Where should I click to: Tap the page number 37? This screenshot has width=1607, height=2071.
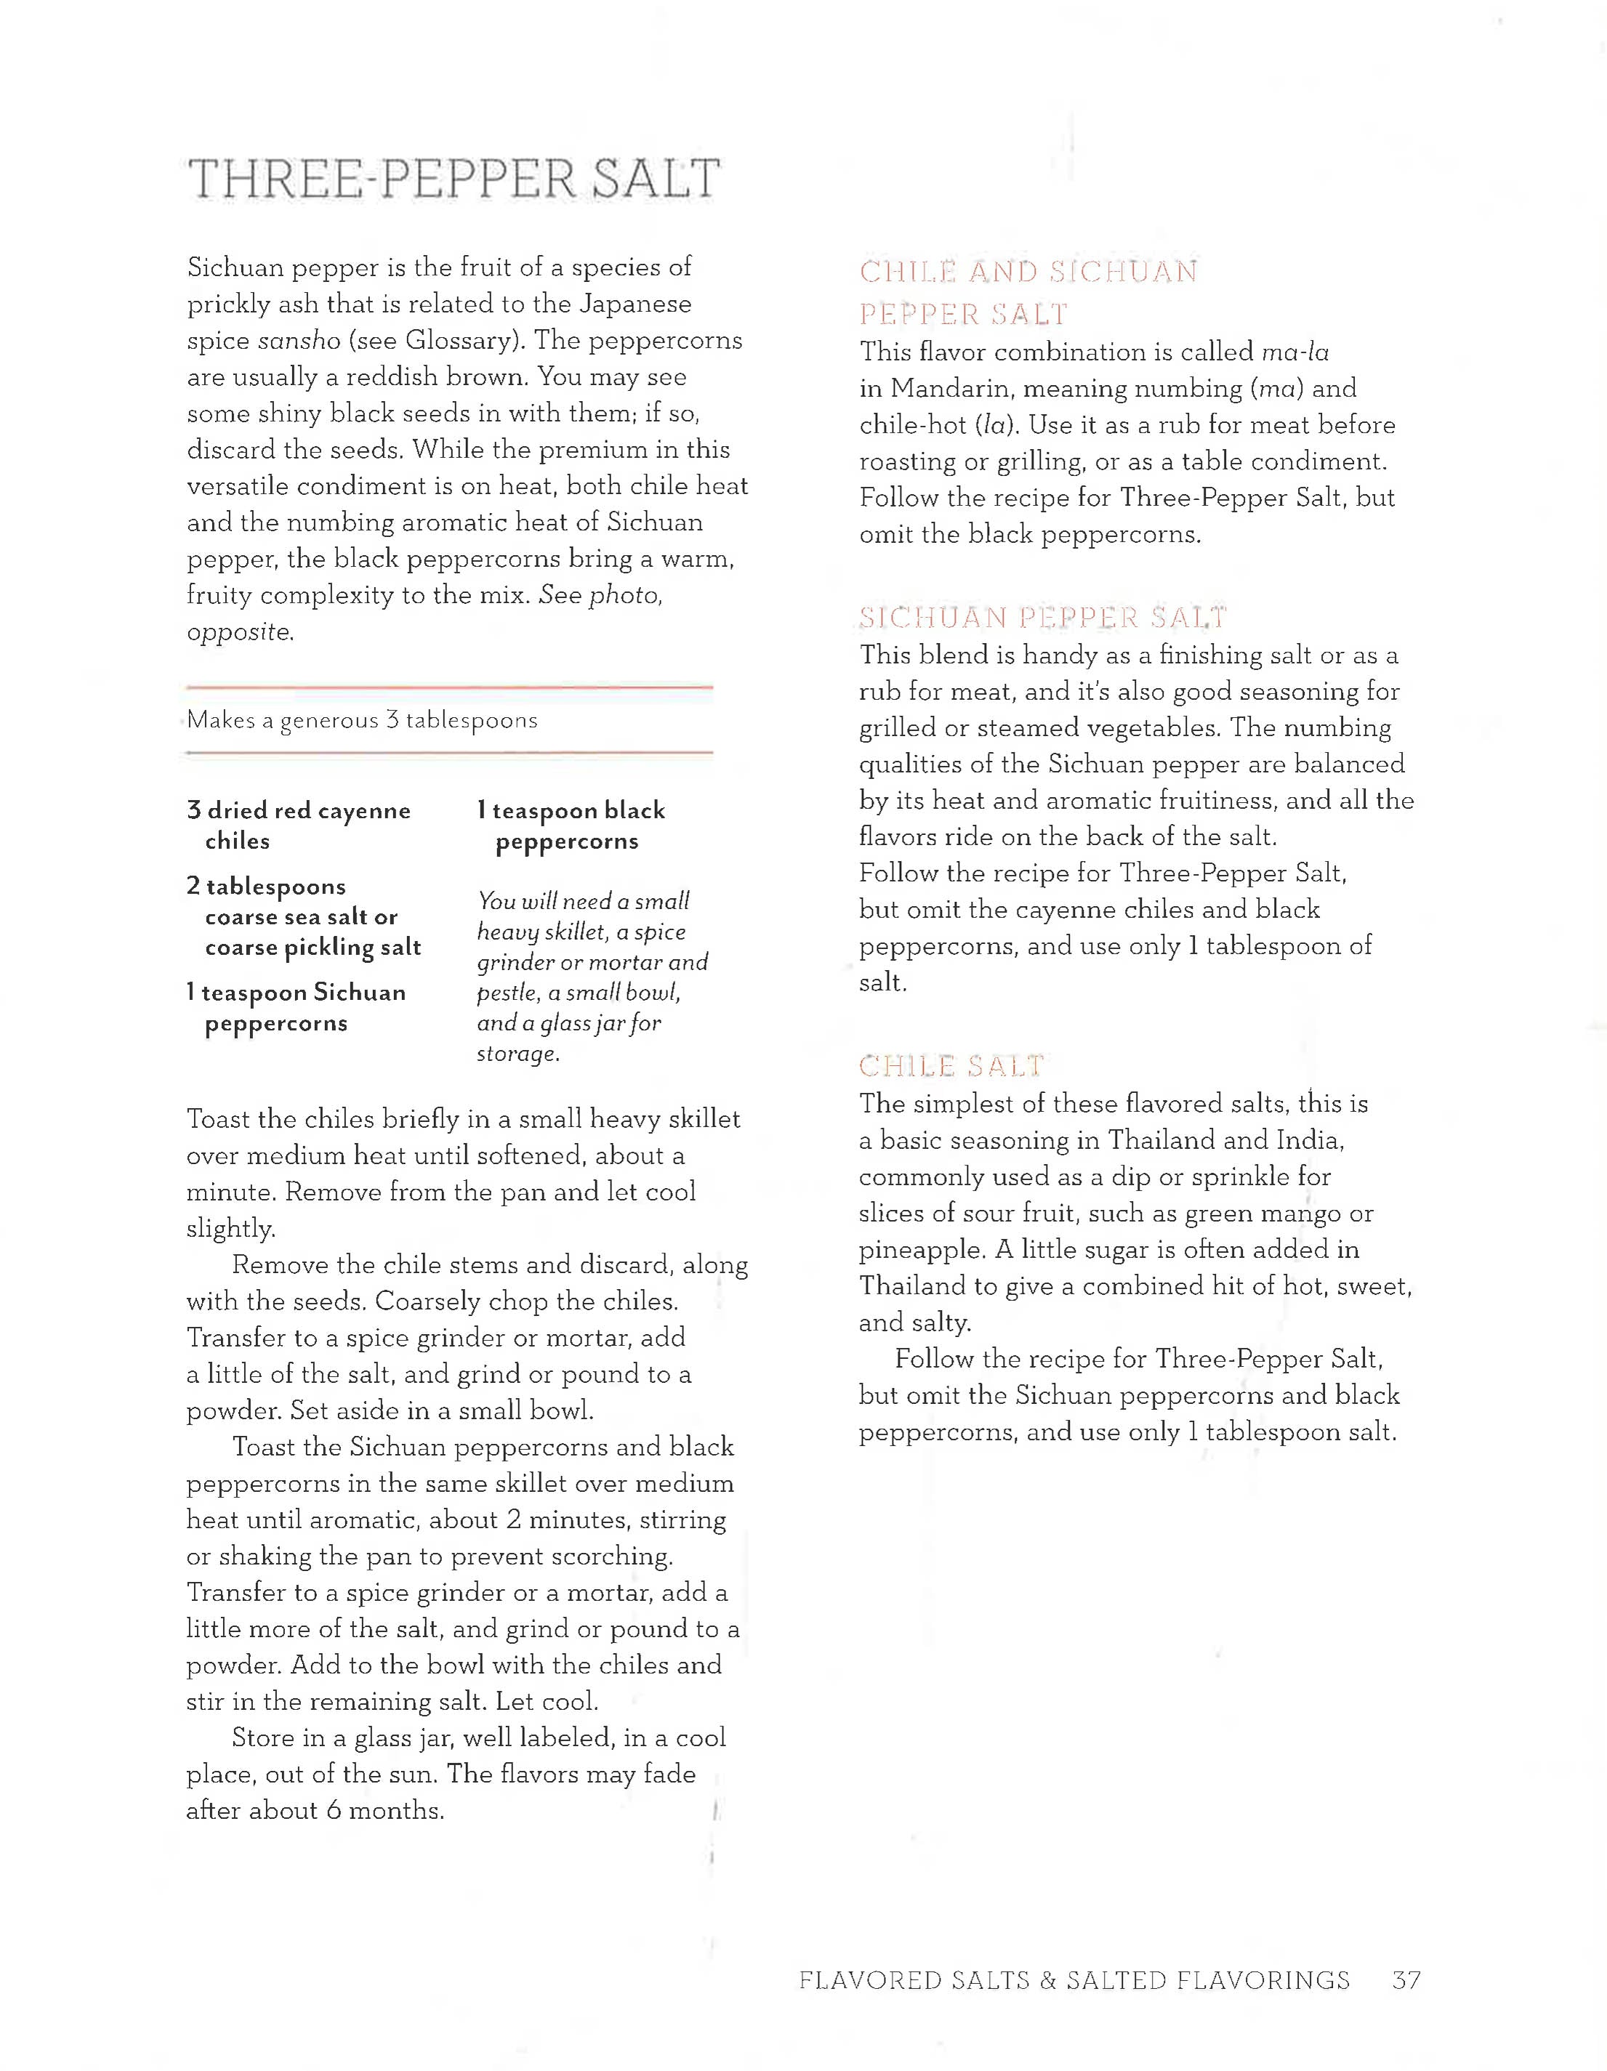tap(1406, 1980)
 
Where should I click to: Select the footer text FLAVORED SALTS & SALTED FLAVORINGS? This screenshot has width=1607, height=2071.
tap(1074, 1980)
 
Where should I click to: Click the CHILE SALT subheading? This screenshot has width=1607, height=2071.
tap(951, 1066)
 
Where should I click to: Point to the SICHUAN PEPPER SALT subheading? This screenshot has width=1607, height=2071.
tap(1042, 618)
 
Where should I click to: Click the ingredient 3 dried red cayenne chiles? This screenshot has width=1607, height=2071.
tap(299, 825)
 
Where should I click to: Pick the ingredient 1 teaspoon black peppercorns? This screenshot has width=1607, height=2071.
tap(571, 825)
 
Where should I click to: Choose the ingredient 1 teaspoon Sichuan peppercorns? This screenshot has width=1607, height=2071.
tap(296, 1007)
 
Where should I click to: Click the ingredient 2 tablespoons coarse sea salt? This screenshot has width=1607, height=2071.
tap(304, 916)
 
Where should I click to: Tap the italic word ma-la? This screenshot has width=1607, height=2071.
tap(1295, 352)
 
